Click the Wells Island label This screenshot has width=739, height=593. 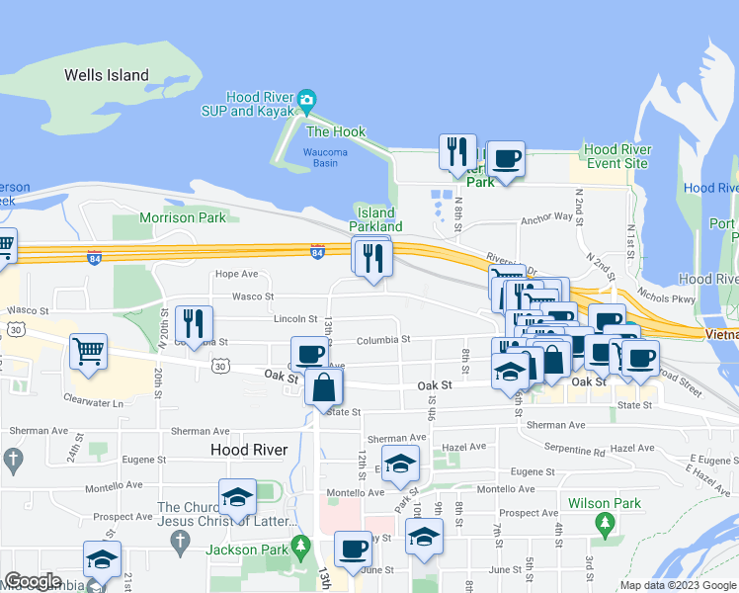pyautogui.click(x=107, y=75)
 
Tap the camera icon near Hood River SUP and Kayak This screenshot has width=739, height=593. pyautogui.click(x=307, y=99)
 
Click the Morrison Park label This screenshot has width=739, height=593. pyautogui.click(x=182, y=217)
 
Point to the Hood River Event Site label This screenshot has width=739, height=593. pyautogui.click(x=616, y=156)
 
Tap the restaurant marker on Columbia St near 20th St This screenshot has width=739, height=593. pyautogui.click(x=194, y=323)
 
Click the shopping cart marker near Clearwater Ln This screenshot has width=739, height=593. pyautogui.click(x=89, y=351)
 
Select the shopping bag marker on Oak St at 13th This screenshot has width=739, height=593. pyautogui.click(x=324, y=387)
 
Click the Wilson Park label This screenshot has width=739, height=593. pyautogui.click(x=605, y=503)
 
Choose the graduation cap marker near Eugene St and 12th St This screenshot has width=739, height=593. pyautogui.click(x=400, y=463)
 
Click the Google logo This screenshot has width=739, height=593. pyautogui.click(x=34, y=581)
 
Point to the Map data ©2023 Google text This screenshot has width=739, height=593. pyautogui.click(x=677, y=585)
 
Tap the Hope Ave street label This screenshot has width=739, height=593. pyautogui.click(x=236, y=274)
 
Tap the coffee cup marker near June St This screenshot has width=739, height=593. pyautogui.click(x=353, y=549)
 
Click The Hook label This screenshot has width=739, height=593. pyautogui.click(x=336, y=131)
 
